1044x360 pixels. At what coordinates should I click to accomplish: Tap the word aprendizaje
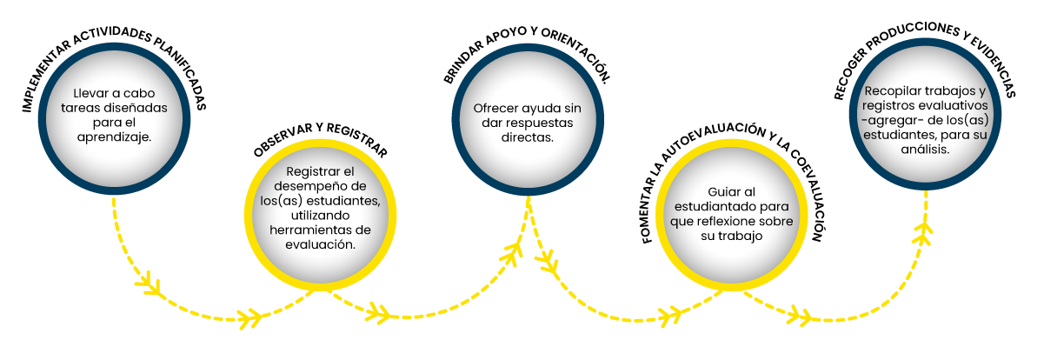click(x=114, y=137)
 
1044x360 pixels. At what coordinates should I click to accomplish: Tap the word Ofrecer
click(x=496, y=109)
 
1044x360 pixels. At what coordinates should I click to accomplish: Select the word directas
click(x=527, y=138)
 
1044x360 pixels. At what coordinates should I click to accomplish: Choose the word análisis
click(x=924, y=150)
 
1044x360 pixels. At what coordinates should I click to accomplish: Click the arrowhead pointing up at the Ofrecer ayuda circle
click(x=516, y=252)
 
